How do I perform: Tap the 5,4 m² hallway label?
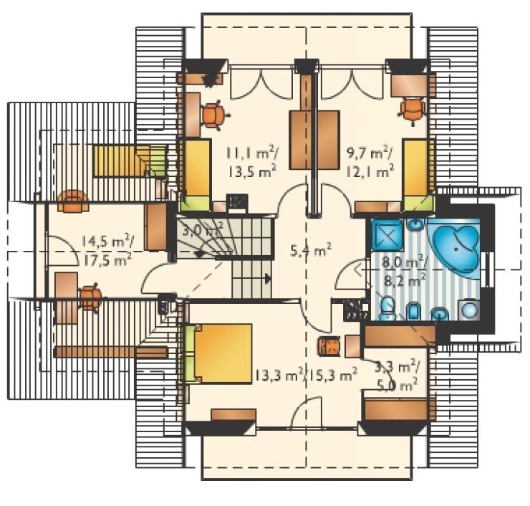click(311, 251)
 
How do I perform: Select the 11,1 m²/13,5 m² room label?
click(252, 163)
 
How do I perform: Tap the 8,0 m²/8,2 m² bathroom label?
click(403, 271)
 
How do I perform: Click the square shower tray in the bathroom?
click(387, 234)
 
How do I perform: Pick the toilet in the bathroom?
click(386, 307)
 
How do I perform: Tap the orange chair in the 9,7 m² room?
click(412, 110)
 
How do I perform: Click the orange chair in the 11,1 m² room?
click(214, 115)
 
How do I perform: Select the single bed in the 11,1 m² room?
click(195, 175)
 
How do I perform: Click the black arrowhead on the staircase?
click(268, 279)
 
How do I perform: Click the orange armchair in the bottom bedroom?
click(329, 345)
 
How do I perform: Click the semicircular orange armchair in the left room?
click(72, 201)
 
